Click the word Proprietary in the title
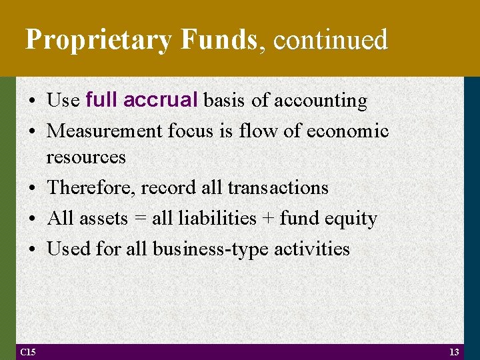[x=99, y=40]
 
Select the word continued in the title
[x=331, y=40]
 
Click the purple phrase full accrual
[x=142, y=100]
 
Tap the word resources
[x=86, y=157]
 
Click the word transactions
[x=278, y=188]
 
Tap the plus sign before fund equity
[x=267, y=219]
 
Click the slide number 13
[x=455, y=352]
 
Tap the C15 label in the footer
[x=29, y=352]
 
